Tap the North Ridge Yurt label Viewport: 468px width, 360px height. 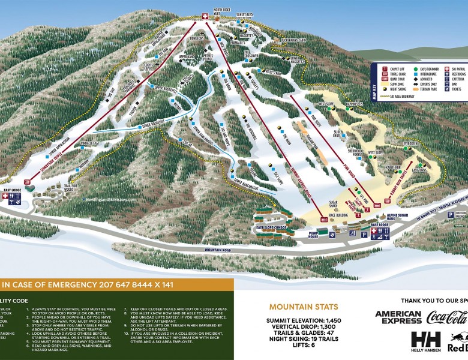point(223,11)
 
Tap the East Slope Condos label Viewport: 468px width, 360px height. point(271,228)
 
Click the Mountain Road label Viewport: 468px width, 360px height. point(217,250)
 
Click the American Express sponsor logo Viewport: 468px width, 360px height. point(398,317)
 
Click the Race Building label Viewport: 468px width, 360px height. point(338,214)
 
